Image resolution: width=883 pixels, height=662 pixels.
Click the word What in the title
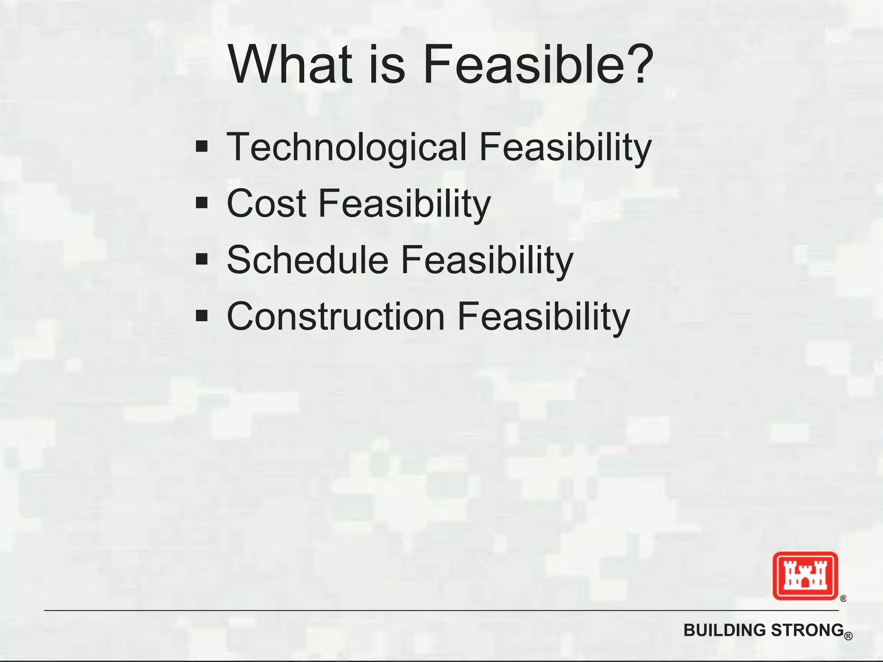point(289,65)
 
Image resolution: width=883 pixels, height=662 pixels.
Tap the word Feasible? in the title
point(538,65)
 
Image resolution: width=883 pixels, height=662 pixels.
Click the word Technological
point(347,147)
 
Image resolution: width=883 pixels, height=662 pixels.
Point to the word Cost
point(266,203)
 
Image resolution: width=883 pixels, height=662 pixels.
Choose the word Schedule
point(307,259)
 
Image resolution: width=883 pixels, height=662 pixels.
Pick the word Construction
point(335,316)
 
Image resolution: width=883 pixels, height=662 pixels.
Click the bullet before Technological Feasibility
point(201,147)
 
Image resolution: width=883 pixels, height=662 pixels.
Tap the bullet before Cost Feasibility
point(201,203)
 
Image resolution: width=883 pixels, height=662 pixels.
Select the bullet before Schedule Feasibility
point(201,259)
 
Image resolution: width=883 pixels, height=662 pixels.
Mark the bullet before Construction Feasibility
point(201,316)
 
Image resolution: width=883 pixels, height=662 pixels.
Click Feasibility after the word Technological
point(565,147)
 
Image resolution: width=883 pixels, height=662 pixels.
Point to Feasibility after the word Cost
point(404,203)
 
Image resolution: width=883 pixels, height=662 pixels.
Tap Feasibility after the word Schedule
point(487,259)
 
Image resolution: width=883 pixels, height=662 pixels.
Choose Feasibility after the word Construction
point(543,316)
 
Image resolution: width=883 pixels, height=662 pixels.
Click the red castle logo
point(805,576)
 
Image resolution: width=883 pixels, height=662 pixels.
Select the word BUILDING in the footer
point(725,630)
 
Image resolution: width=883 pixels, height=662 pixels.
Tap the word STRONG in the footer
point(807,630)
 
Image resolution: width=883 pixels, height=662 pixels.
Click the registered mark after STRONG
point(849,636)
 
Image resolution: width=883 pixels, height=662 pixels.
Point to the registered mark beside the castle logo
point(843,598)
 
